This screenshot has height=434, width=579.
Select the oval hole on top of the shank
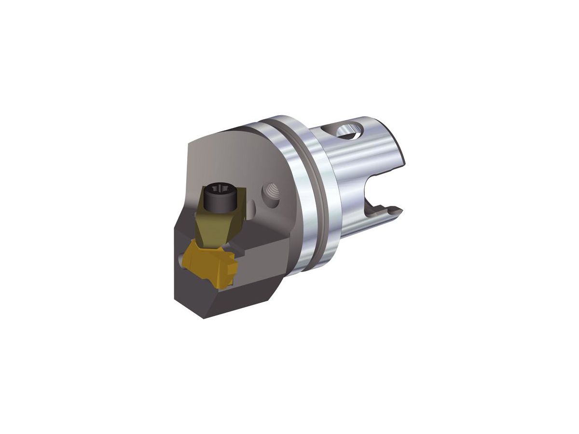(x=349, y=129)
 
